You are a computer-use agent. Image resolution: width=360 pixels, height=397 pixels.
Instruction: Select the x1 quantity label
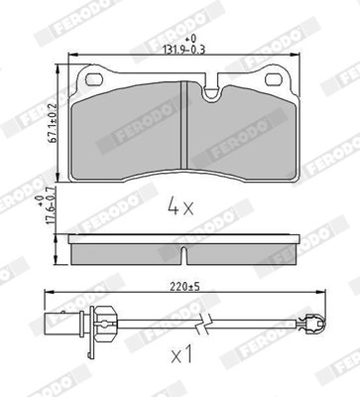[x=182, y=353]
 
